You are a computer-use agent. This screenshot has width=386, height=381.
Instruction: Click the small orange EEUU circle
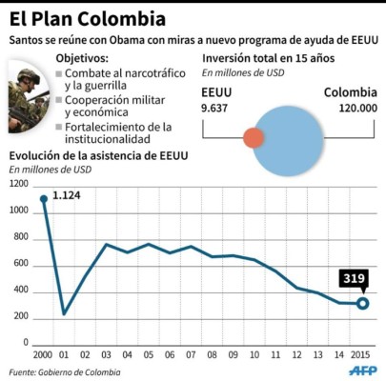point(254,138)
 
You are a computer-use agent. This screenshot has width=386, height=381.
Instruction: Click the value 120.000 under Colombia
point(350,109)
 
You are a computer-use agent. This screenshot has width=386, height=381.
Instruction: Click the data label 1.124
point(67,196)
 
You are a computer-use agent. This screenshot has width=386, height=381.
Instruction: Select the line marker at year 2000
point(43,198)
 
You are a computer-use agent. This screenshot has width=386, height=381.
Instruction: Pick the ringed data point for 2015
point(362,304)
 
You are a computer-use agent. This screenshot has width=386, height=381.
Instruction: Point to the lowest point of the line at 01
point(64,313)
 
